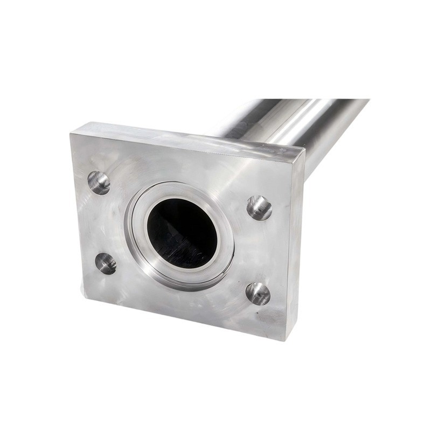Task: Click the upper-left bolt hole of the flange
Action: click(99, 183)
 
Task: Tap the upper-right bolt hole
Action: click(259, 207)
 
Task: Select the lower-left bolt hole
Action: click(106, 263)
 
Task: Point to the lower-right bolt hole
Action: click(258, 293)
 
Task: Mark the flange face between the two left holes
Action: click(102, 224)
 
